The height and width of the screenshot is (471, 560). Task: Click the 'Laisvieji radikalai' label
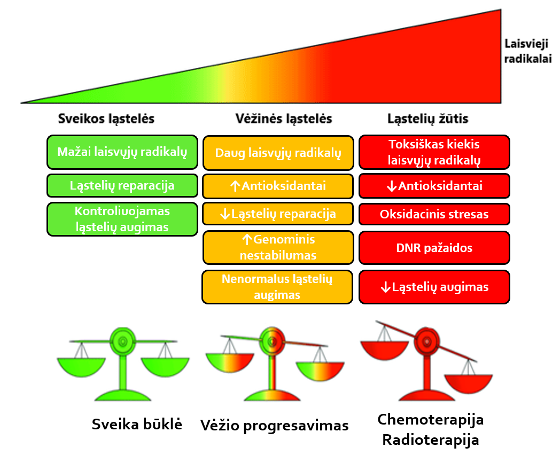(x=528, y=51)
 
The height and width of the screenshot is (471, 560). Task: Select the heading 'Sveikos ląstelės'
(x=106, y=119)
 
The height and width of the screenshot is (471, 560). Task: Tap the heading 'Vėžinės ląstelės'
(x=284, y=119)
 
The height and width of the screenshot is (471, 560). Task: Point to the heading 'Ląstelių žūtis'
(x=428, y=119)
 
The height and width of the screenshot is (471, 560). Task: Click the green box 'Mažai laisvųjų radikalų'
(x=122, y=152)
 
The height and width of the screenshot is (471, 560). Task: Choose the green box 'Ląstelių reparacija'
(x=122, y=185)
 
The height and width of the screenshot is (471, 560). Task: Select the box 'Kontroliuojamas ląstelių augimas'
(x=122, y=219)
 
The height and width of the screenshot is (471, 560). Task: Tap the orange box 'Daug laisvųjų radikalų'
(x=278, y=153)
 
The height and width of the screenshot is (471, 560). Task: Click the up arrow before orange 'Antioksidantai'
(x=235, y=186)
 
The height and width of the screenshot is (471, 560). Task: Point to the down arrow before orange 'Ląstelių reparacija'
(x=225, y=214)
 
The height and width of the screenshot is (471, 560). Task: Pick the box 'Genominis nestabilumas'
(x=278, y=247)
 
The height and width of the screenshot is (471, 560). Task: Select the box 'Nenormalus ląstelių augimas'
(x=277, y=287)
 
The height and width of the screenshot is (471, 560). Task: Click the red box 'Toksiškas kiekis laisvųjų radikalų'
(x=434, y=152)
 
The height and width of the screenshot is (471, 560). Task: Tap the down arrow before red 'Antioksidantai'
(x=392, y=186)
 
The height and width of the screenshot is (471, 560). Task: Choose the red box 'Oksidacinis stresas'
(x=434, y=214)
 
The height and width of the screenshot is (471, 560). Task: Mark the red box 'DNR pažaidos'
(x=434, y=248)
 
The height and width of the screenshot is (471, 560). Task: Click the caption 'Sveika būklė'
(x=137, y=424)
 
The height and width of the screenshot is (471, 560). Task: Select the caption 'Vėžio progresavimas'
(x=274, y=426)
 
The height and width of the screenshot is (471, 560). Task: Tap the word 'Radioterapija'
(x=430, y=440)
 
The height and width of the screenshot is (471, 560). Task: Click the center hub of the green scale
(x=122, y=341)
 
